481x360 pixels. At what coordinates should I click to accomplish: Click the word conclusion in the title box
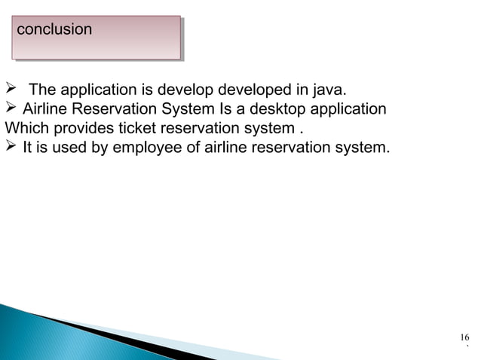coord(54,30)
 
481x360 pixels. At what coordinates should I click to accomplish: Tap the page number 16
coord(464,337)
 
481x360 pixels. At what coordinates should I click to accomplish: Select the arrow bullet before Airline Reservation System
coord(11,110)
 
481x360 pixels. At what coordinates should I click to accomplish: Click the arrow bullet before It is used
coord(11,147)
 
